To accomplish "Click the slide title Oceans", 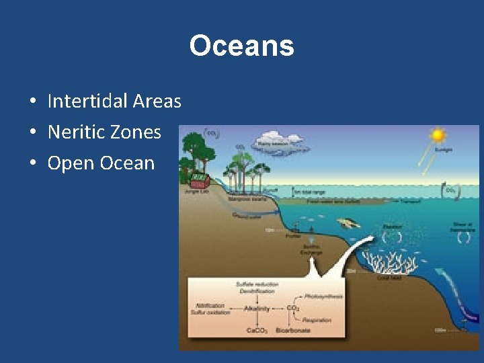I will [x=241, y=46].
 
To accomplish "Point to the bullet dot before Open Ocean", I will [x=32, y=163].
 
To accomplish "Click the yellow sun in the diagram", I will [x=438, y=135].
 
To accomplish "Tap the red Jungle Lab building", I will [x=200, y=180].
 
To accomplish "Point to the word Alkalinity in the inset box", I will [x=257, y=309].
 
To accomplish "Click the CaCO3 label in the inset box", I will [x=256, y=331].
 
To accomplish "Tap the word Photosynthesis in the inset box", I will [x=323, y=296].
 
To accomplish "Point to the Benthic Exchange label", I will [x=311, y=249].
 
